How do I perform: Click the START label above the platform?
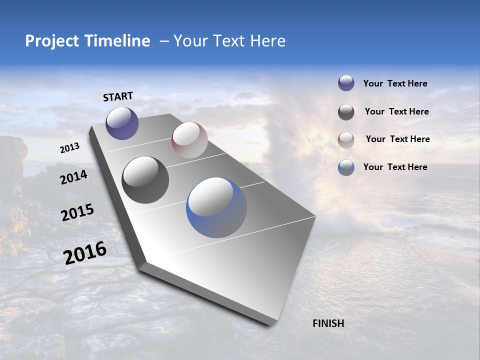[118, 96]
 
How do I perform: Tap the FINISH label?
[328, 323]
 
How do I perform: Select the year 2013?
[70, 148]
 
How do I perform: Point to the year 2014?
[73, 177]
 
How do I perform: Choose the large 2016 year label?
[85, 253]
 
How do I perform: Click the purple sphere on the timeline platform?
[122, 123]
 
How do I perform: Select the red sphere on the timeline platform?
[189, 140]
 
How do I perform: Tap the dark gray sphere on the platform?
[145, 180]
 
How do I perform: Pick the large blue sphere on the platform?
[216, 207]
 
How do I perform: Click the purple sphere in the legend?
[346, 83]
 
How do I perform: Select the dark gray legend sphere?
[346, 112]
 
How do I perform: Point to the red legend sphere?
[346, 140]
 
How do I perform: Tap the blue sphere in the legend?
[346, 167]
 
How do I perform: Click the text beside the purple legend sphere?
[395, 83]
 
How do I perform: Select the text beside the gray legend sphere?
[396, 111]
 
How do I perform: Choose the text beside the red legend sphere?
[397, 139]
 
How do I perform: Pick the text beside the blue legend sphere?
[395, 167]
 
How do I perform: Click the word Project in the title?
[52, 41]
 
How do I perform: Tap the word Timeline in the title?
[120, 41]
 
